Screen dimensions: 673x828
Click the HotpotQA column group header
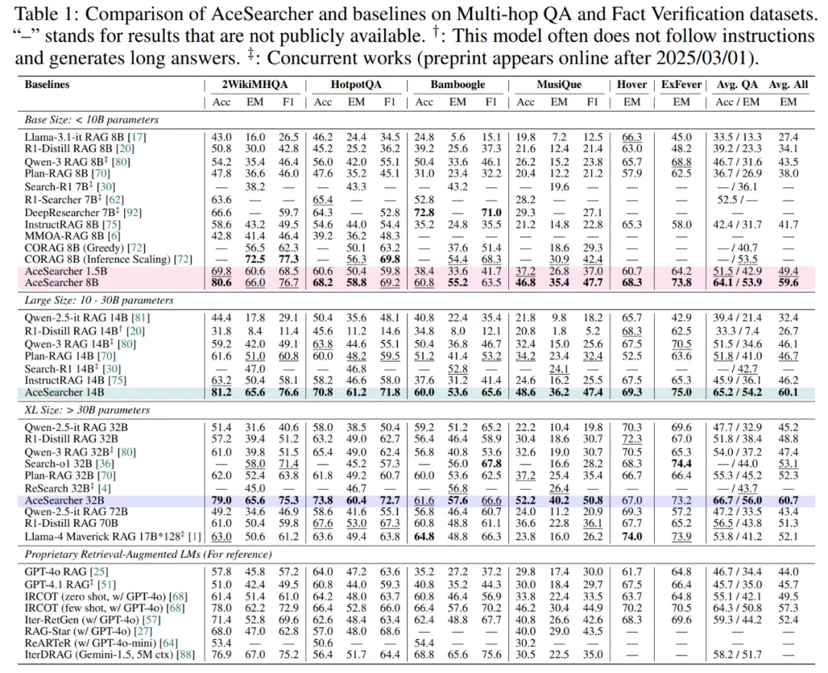coord(353,84)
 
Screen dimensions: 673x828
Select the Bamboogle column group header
coord(458,84)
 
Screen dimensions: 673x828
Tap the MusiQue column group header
coord(560,84)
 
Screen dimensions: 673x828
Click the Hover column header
coord(632,84)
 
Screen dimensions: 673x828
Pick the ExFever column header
coord(681,84)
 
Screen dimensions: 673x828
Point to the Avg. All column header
coord(789,84)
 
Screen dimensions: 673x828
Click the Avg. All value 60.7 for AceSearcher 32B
coord(789,500)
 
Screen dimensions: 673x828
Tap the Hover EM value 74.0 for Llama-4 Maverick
coord(632,537)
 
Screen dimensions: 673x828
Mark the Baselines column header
coord(45,84)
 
